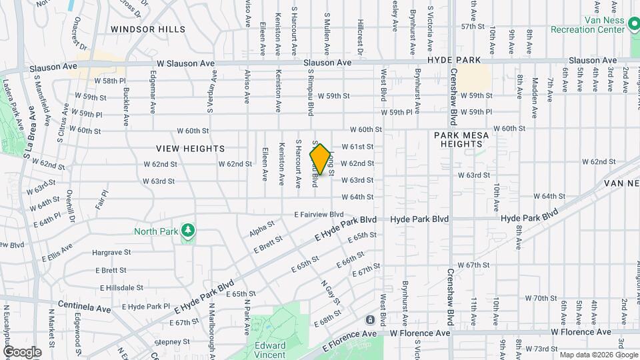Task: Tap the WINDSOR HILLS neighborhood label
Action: (x=148, y=29)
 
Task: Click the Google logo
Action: (x=21, y=351)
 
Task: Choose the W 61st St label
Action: (x=357, y=147)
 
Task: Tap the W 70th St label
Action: (x=541, y=297)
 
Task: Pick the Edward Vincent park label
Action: (x=270, y=350)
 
